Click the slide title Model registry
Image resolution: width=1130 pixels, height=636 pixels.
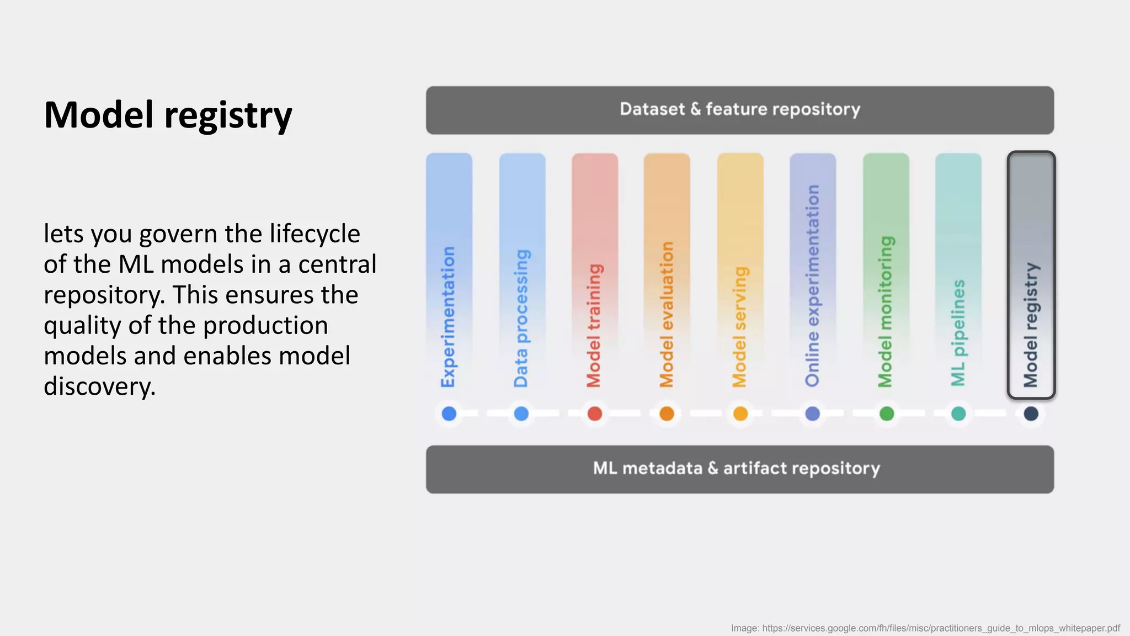click(168, 115)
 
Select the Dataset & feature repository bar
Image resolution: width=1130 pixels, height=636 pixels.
click(739, 110)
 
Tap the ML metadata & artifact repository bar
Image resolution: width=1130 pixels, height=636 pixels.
click(739, 469)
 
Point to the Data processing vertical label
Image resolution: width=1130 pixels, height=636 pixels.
click(521, 318)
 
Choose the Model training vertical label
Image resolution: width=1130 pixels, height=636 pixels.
click(594, 325)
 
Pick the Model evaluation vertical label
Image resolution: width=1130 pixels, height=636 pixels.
click(667, 314)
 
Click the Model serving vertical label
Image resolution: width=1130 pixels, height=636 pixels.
click(739, 326)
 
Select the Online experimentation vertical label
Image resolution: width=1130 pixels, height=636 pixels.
click(812, 285)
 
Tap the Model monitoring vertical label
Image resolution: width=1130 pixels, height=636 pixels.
click(885, 311)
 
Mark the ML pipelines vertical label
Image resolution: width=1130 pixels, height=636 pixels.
click(958, 332)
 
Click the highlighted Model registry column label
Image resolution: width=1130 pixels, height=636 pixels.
click(1031, 325)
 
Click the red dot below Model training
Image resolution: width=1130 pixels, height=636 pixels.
click(594, 414)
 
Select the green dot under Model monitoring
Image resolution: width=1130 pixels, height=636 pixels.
click(886, 414)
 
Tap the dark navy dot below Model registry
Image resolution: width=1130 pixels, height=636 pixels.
click(1031, 414)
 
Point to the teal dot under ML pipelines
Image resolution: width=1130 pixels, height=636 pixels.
click(958, 414)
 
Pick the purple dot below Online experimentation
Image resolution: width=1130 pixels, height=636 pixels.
click(812, 414)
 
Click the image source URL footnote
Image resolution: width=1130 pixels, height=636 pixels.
click(925, 628)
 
